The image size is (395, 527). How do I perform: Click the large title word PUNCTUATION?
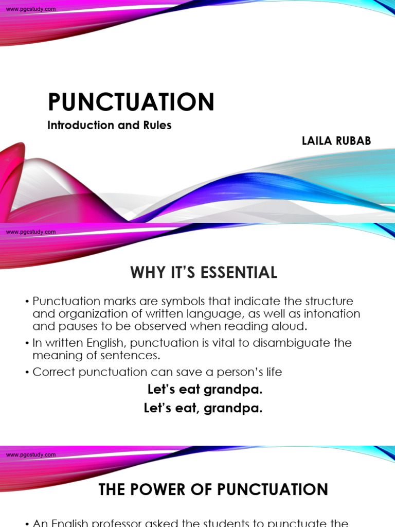[x=131, y=102]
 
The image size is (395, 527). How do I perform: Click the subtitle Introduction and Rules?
[x=109, y=125]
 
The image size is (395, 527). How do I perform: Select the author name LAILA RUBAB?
[x=336, y=141]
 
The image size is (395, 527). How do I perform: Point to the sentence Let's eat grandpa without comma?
[x=205, y=390]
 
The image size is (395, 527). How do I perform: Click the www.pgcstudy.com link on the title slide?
[x=31, y=10]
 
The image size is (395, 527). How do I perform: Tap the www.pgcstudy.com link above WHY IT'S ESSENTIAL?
[x=31, y=232]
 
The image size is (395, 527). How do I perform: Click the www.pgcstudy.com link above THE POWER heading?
[x=31, y=455]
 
